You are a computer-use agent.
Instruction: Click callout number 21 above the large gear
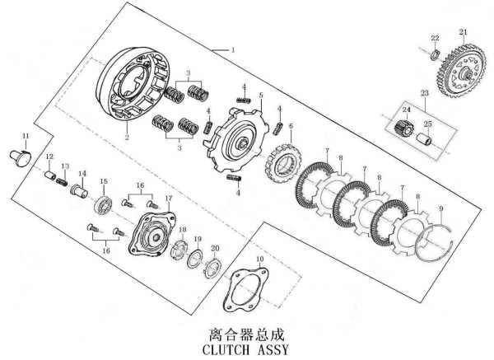[x=463, y=33]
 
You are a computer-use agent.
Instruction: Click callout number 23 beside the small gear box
[x=425, y=94]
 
